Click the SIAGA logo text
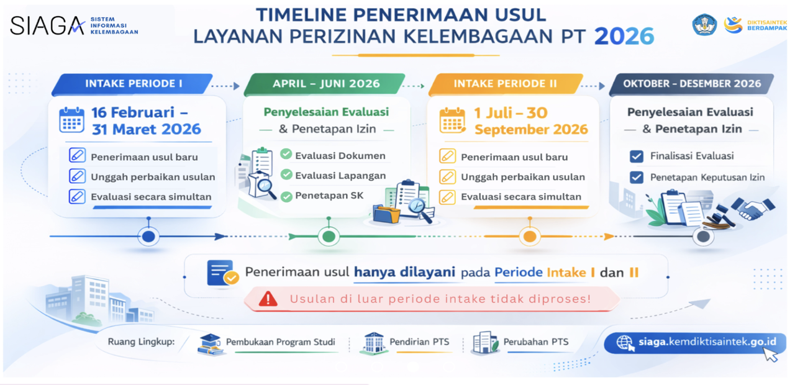[47, 25]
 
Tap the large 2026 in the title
[624, 36]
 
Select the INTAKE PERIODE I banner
[132, 84]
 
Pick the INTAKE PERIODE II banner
[506, 84]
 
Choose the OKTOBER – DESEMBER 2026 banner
[692, 84]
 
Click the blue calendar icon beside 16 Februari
[72, 120]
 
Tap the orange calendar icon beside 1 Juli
[452, 120]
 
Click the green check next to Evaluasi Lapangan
[286, 174]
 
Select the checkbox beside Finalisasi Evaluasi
[637, 156]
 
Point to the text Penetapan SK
[329, 196]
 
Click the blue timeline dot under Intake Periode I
[148, 237]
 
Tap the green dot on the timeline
[329, 237]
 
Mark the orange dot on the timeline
[530, 237]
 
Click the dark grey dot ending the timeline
[704, 237]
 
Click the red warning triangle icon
[268, 299]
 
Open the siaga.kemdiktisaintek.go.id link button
[695, 343]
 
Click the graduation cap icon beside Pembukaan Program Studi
[211, 344]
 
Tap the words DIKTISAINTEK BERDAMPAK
[767, 25]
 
